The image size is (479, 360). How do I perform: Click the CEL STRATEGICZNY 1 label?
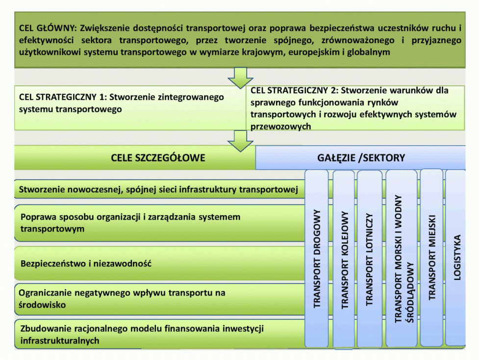point(56,97)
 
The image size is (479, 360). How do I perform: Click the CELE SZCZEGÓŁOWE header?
point(158,158)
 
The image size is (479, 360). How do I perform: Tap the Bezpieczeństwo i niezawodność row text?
point(86,263)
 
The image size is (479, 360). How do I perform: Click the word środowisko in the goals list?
point(42,305)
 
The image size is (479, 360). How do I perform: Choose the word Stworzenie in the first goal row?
point(41,189)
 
